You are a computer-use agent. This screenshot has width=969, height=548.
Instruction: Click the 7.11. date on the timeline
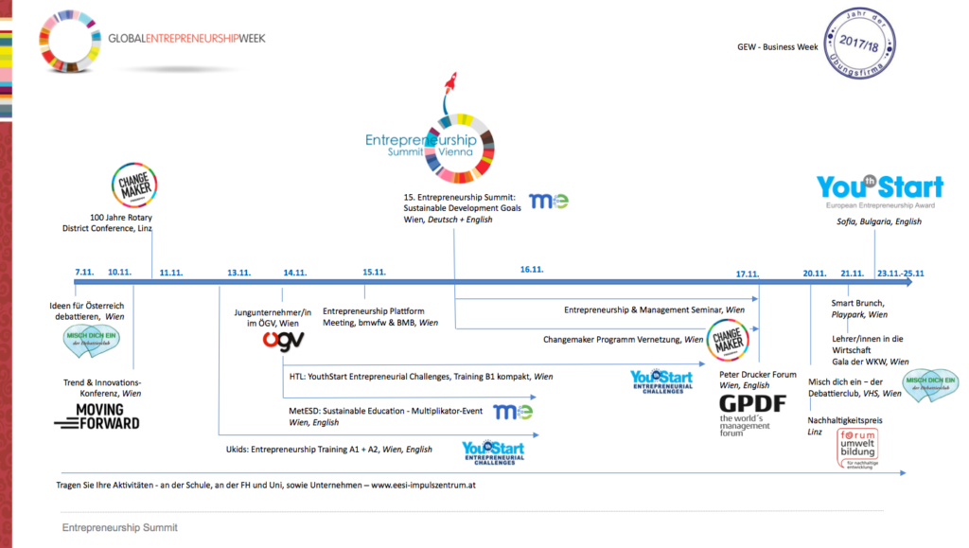point(85,273)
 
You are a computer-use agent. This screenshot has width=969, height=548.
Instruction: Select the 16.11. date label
point(532,270)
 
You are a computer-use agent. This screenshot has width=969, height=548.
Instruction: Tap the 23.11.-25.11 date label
point(900,273)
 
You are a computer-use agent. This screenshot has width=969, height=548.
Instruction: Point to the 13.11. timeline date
point(238,273)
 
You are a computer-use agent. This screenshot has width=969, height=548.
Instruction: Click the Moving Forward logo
point(97,416)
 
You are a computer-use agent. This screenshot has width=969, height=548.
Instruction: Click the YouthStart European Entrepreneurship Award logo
point(880,192)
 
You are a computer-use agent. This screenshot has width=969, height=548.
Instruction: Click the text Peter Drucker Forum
point(757,374)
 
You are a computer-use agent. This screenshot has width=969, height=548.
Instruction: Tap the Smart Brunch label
point(858,303)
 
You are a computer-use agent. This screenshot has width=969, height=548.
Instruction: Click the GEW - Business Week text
point(779,46)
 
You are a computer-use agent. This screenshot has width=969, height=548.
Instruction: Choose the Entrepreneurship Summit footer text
point(119,527)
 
